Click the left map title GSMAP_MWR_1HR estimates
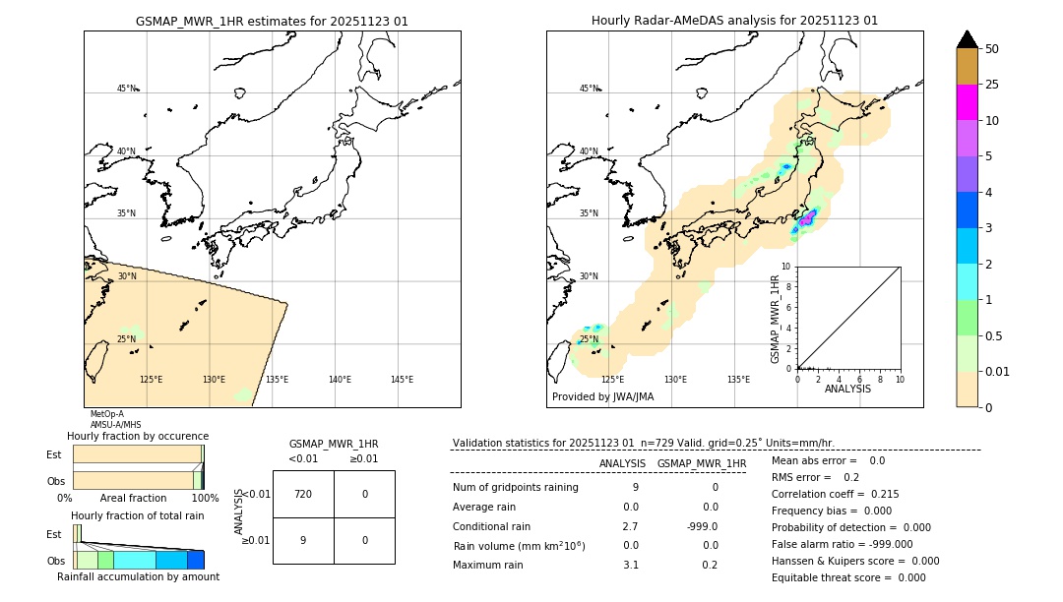pyautogui.click(x=272, y=21)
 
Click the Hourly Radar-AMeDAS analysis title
pyautogui.click(x=734, y=21)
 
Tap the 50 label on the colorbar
pyautogui.click(x=992, y=49)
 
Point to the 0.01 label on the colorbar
pyautogui.click(x=998, y=371)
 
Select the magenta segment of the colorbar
pyautogui.click(x=967, y=102)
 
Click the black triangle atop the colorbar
pyautogui.click(x=967, y=39)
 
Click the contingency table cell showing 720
pyautogui.click(x=303, y=494)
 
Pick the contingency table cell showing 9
pyautogui.click(x=303, y=540)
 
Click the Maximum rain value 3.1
pyautogui.click(x=630, y=565)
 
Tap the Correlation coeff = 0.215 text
pyautogui.click(x=835, y=494)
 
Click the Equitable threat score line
pyautogui.click(x=848, y=577)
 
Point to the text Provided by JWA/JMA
pyautogui.click(x=602, y=397)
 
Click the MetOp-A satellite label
pyautogui.click(x=106, y=414)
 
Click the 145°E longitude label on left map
pyautogui.click(x=402, y=380)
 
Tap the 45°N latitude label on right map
pyautogui.click(x=589, y=89)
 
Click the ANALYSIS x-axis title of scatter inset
pyautogui.click(x=847, y=389)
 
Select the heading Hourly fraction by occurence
pyautogui.click(x=138, y=436)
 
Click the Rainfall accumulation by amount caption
pyautogui.click(x=138, y=576)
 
